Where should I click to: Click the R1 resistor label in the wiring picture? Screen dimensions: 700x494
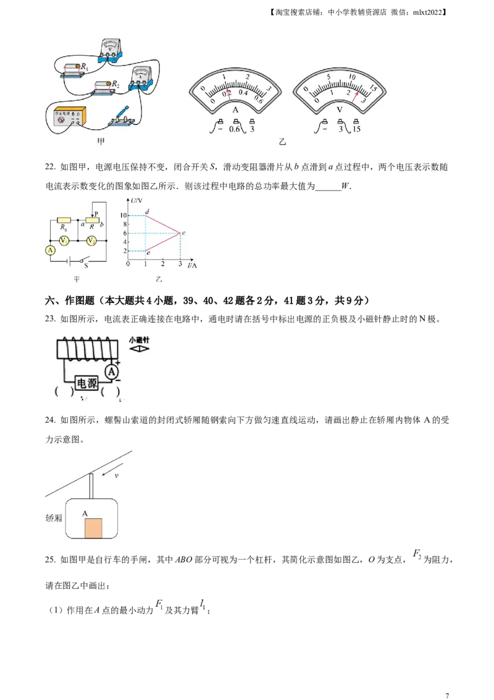[x=85, y=67]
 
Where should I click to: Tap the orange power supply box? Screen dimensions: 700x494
[x=69, y=117]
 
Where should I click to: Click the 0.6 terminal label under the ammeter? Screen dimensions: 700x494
[x=235, y=130]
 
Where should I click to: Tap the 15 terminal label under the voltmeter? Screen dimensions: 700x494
[x=356, y=130]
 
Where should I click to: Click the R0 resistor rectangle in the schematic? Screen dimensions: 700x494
[x=64, y=220]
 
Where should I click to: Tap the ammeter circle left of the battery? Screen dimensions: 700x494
[x=52, y=250]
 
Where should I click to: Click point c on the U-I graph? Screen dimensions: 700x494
[x=180, y=233]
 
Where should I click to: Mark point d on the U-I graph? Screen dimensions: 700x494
[x=145, y=215]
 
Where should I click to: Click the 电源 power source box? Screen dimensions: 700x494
[x=86, y=383]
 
